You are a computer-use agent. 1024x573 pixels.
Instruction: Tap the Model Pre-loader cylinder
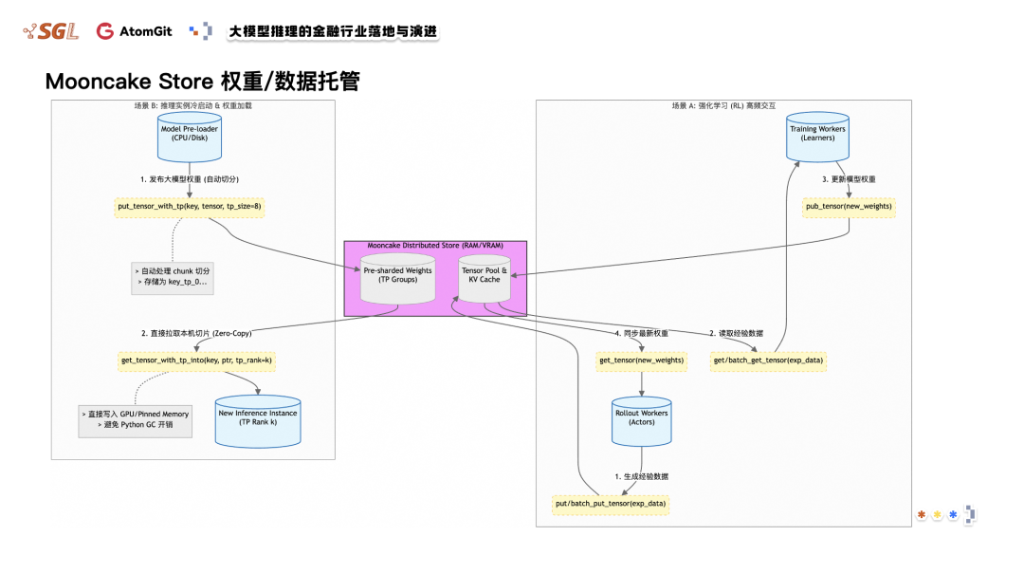pos(191,135)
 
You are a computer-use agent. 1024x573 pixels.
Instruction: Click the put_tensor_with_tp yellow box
pos(190,205)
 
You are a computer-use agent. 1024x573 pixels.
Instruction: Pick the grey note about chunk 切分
pos(173,276)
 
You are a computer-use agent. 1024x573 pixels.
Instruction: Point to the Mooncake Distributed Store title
pos(435,246)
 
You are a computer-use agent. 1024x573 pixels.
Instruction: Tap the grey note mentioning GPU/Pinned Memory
pos(136,419)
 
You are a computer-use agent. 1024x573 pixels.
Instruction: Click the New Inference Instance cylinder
pos(257,418)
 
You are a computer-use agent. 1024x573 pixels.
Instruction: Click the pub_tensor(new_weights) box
pos(848,206)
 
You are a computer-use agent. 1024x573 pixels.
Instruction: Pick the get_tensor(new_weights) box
pos(642,360)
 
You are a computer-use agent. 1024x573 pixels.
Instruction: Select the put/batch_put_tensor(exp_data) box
pos(611,503)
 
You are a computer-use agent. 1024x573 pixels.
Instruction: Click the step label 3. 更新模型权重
pos(849,178)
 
